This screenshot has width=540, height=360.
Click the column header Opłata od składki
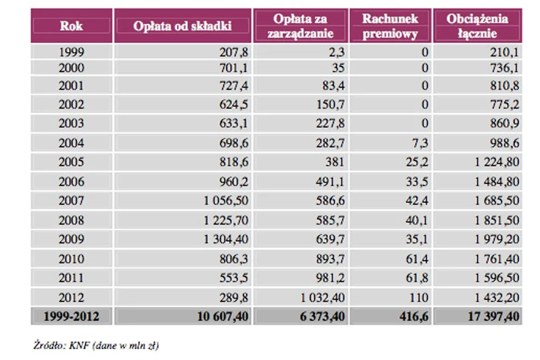pos(182,26)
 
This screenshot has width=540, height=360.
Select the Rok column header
pos(71,26)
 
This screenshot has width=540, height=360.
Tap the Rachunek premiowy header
pos(390,26)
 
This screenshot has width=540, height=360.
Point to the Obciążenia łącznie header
pos(477,26)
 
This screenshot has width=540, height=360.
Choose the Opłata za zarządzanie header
pos(300,26)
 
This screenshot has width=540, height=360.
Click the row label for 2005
pos(71,162)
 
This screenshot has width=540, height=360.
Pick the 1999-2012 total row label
pos(71,316)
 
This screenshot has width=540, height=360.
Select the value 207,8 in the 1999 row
pos(234,52)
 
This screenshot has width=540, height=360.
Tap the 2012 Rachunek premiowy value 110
pos(419,297)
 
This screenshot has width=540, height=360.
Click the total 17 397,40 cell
pos(493,316)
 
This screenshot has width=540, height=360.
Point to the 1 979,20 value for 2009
pos(497,239)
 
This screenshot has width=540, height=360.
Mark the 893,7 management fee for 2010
pos(330,259)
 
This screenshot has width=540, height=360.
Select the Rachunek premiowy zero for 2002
pos(425,104)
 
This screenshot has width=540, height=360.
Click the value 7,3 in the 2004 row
pos(420,143)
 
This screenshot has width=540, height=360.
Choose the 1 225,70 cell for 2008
pos(226,220)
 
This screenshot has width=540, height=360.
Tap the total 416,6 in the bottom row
pos(414,316)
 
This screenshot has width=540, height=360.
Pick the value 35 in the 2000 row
pos(338,68)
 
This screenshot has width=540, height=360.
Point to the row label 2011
pos(71,278)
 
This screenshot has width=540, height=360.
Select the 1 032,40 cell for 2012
pos(322,297)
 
